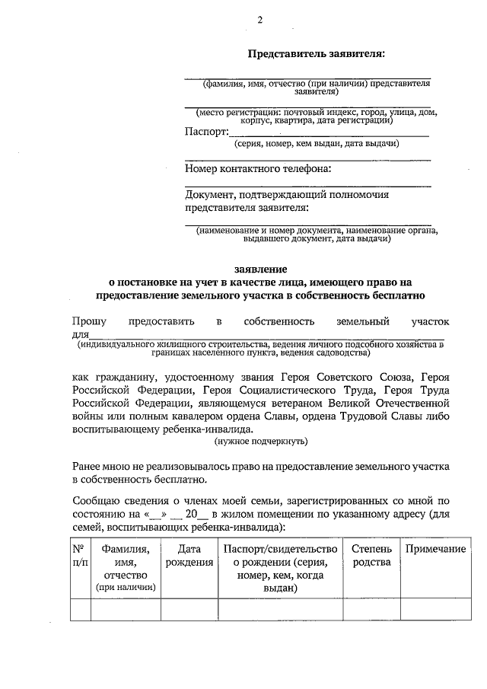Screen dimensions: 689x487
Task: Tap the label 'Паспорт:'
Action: point(206,131)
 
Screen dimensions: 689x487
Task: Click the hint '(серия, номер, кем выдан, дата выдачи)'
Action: point(307,143)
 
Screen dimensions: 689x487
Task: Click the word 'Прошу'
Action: point(90,322)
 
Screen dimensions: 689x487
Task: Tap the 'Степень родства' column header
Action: point(371,556)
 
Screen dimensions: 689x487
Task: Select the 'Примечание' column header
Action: point(435,550)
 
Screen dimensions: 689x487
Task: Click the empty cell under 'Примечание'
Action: point(435,611)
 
